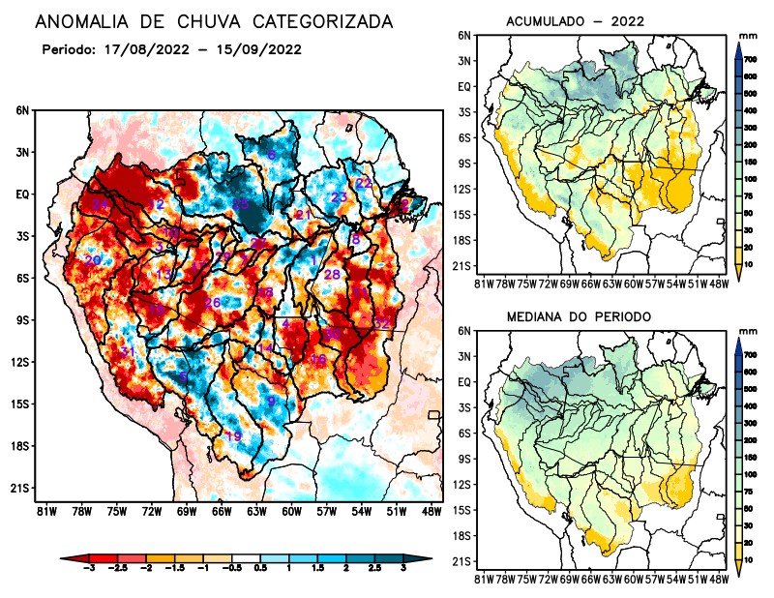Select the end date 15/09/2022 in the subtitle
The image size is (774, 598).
click(253, 49)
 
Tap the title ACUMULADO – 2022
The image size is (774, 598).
click(576, 21)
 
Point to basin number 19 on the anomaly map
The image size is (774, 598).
click(233, 437)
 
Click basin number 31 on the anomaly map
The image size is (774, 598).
click(127, 351)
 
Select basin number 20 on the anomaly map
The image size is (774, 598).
click(93, 260)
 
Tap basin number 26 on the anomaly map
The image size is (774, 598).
click(213, 303)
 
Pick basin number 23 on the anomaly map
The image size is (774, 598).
click(339, 197)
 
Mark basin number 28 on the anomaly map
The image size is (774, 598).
click(332, 275)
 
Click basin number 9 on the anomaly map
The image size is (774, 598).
click(272, 401)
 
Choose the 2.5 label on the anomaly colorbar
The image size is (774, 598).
click(375, 574)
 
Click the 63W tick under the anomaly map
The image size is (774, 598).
click(255, 510)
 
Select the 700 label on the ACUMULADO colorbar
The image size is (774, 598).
click(749, 60)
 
